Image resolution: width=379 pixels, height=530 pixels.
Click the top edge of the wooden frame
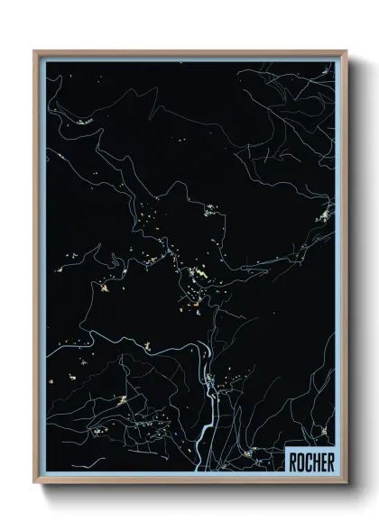pos(189,52)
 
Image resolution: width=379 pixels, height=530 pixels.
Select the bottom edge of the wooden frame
pos(189,482)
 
